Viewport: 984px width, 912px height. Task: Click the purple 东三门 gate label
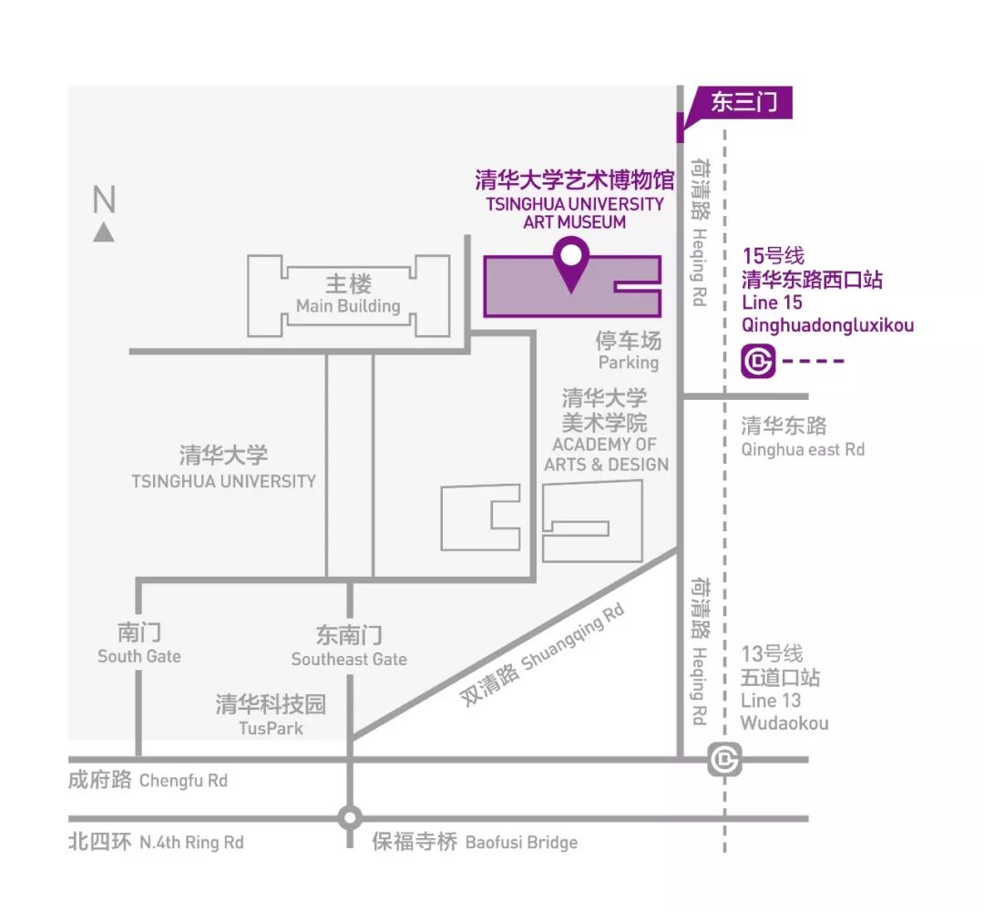tap(743, 102)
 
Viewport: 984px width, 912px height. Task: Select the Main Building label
tap(348, 306)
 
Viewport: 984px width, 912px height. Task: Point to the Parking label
tap(628, 363)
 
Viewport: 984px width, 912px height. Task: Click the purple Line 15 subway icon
tap(758, 361)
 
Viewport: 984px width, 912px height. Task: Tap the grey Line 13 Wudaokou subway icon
tap(725, 759)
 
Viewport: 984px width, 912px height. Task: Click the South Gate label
tap(139, 656)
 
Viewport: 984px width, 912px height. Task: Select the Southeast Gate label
tap(349, 659)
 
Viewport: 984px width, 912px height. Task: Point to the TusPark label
tap(271, 728)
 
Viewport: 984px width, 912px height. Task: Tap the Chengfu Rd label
tap(183, 781)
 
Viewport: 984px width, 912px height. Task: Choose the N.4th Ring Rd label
tap(191, 843)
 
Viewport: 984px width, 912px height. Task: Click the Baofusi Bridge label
tap(521, 843)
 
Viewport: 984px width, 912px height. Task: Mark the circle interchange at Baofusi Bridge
tap(349, 817)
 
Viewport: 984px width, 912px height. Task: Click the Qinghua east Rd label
tap(803, 449)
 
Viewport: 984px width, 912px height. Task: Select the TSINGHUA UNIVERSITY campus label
tap(224, 480)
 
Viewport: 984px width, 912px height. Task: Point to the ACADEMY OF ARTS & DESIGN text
tap(606, 455)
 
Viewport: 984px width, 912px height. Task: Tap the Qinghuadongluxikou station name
tap(827, 325)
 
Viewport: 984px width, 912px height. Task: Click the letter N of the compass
tap(104, 200)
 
